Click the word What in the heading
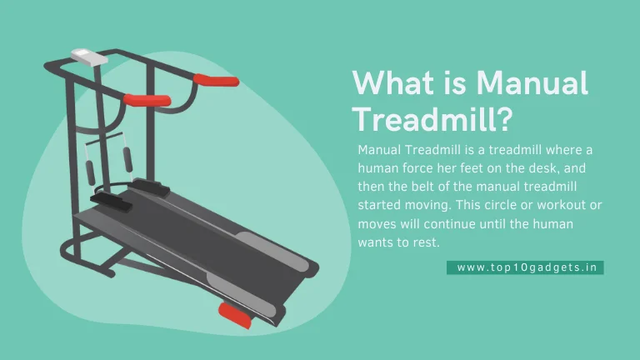pos(393,83)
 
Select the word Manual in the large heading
pos(532,83)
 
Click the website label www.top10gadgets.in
pos(527,267)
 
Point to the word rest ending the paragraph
pos(427,242)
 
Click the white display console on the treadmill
pos(89,57)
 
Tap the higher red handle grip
pos(216,80)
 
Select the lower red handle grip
pos(147,100)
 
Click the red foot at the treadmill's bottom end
pos(236,316)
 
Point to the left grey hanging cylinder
pos(90,172)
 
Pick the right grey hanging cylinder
pos(127,160)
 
